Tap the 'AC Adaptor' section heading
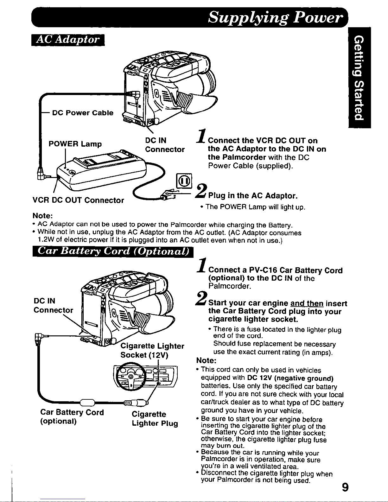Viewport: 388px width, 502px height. (x=68, y=40)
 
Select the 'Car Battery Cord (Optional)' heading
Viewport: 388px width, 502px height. (x=113, y=251)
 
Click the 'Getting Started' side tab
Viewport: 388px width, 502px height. (x=359, y=78)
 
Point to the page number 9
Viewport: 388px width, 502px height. (x=345, y=488)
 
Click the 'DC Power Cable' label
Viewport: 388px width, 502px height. (x=83, y=113)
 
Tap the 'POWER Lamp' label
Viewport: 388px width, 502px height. (x=75, y=144)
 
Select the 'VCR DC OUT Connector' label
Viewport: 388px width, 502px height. (x=78, y=200)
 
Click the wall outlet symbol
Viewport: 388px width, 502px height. (x=184, y=181)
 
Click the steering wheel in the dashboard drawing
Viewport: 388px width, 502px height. (x=131, y=376)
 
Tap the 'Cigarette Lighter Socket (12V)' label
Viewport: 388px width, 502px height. (x=152, y=350)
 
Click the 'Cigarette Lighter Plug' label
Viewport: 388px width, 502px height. (x=155, y=419)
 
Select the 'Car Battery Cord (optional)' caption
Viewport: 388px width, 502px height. (x=72, y=416)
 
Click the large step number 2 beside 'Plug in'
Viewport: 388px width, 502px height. (x=201, y=191)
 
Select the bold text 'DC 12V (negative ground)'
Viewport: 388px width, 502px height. (x=290, y=378)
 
